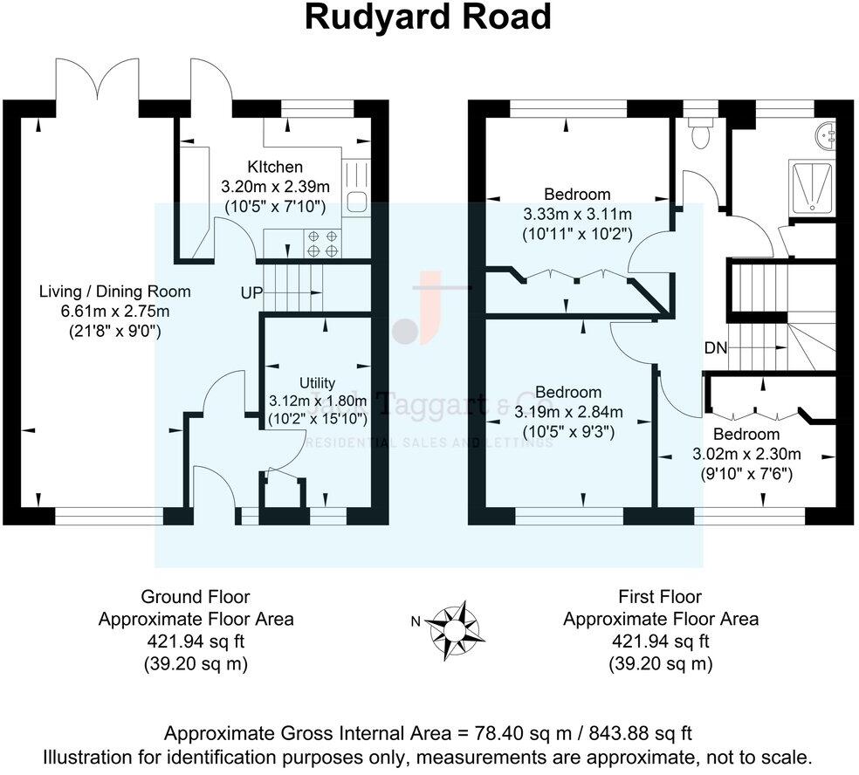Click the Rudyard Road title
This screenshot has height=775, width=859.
tap(428, 17)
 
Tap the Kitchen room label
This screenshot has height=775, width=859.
tap(274, 167)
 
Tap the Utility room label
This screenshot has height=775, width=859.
tap(317, 382)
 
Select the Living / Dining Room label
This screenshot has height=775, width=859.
tap(114, 291)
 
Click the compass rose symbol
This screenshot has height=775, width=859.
tap(455, 626)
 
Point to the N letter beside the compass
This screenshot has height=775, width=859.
tap(416, 621)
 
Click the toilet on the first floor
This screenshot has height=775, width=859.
tap(699, 135)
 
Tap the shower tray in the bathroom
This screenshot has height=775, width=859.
tap(811, 187)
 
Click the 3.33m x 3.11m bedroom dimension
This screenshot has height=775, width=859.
tap(577, 214)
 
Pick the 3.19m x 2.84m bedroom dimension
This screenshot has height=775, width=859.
tap(568, 412)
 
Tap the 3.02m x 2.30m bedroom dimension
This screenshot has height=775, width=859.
tap(746, 454)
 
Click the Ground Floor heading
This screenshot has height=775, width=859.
tap(196, 597)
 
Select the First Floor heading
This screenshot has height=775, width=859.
tap(660, 597)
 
